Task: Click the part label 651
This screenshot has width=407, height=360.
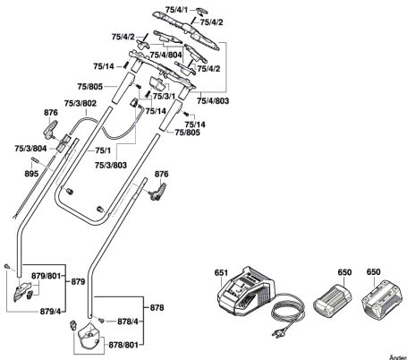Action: (221, 272)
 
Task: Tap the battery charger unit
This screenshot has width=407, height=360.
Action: (247, 291)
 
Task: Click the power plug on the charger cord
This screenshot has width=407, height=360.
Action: (278, 332)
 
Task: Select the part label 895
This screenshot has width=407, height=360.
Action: (31, 174)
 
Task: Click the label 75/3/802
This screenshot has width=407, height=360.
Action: (81, 103)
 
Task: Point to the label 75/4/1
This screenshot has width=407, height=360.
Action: (177, 10)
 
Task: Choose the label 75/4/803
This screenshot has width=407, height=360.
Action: (213, 101)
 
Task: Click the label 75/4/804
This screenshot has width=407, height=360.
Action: (165, 55)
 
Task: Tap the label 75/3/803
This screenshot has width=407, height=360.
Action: (111, 165)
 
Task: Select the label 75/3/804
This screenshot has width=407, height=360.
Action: (30, 149)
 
